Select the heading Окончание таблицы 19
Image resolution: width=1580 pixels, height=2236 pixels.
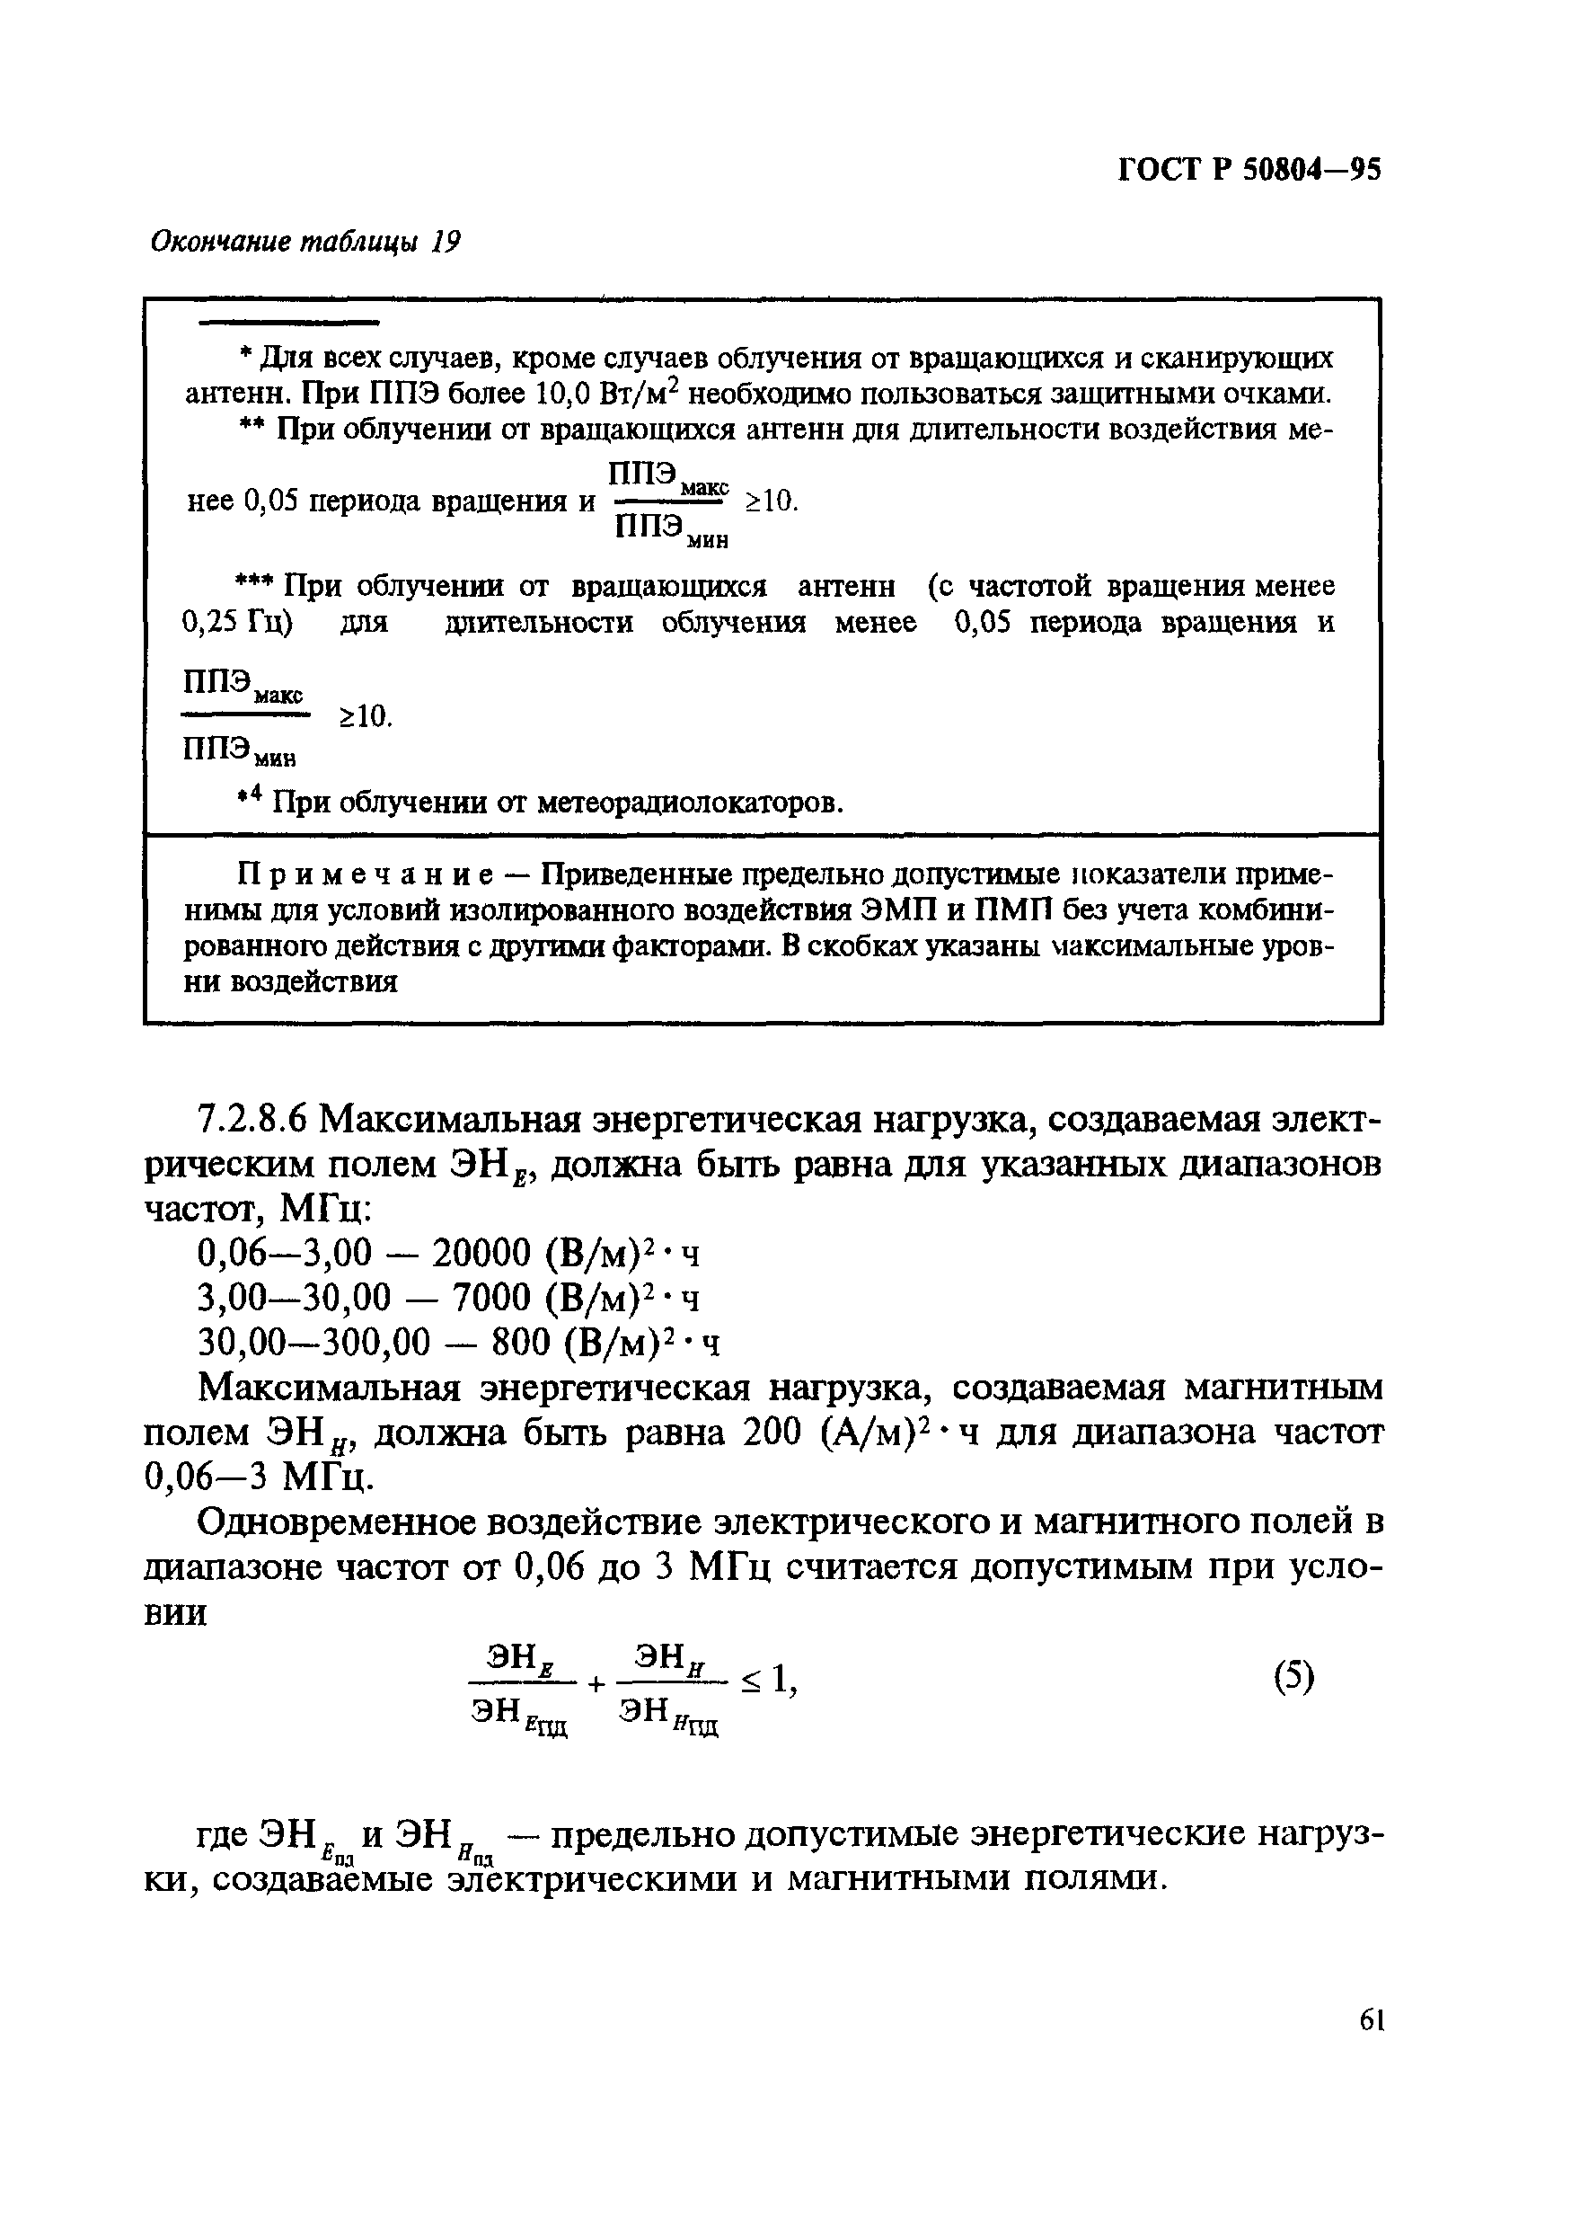[x=305, y=242]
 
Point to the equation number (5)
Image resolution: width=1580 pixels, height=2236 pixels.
[x=1293, y=1677]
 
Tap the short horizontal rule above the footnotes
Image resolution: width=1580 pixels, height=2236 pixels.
[x=287, y=323]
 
